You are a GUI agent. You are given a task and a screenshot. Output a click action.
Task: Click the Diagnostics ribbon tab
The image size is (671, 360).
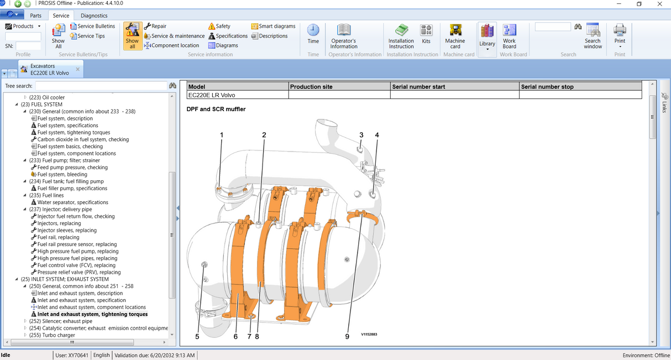pyautogui.click(x=94, y=15)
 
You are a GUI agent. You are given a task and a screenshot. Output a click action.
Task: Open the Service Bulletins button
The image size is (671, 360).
pyautogui.click(x=93, y=26)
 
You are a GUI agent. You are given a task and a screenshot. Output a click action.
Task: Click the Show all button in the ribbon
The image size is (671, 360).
pyautogui.click(x=132, y=36)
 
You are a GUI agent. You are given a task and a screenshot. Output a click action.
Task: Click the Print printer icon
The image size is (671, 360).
pyautogui.click(x=620, y=30)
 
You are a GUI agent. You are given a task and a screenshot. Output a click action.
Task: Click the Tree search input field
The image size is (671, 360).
pyautogui.click(x=101, y=86)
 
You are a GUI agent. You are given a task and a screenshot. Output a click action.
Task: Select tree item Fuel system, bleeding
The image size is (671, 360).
pyautogui.click(x=62, y=174)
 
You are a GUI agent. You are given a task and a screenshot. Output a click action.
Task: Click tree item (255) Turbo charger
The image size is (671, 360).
pyautogui.click(x=51, y=335)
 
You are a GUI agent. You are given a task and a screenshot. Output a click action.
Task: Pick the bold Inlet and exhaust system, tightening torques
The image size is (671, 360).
pyautogui.click(x=92, y=314)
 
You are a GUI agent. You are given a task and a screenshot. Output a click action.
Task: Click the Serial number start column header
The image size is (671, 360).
pyautogui.click(x=418, y=87)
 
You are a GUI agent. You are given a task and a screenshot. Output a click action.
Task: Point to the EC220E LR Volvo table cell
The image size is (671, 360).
pyautogui.click(x=212, y=95)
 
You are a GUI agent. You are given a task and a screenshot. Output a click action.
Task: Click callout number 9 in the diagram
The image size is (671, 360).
pyautogui.click(x=347, y=336)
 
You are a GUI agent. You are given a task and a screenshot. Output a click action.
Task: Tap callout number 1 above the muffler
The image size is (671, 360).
pyautogui.click(x=222, y=135)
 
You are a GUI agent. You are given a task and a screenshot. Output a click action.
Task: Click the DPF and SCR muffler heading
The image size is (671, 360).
pyautogui.click(x=216, y=109)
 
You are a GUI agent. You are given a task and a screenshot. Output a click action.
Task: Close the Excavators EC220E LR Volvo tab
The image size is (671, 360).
pyautogui.click(x=78, y=69)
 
